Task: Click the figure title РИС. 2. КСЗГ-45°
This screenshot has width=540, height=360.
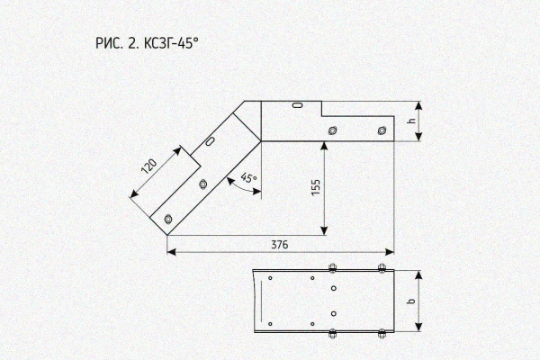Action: pyautogui.click(x=147, y=43)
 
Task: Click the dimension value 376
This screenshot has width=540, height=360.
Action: pyautogui.click(x=279, y=245)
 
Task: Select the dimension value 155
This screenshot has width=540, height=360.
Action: pyautogui.click(x=316, y=187)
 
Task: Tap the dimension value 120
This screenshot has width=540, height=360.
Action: pyautogui.click(x=149, y=166)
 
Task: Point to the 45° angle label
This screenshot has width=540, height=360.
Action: pyautogui.click(x=249, y=177)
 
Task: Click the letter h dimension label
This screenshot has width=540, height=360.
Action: pyautogui.click(x=411, y=121)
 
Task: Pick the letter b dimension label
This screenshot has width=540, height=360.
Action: pyautogui.click(x=410, y=301)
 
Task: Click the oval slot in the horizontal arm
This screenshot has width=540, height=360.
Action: pyautogui.click(x=298, y=104)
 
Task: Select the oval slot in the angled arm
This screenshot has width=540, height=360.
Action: pyautogui.click(x=210, y=140)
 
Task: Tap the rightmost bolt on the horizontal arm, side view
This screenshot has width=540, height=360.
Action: pyautogui.click(x=382, y=130)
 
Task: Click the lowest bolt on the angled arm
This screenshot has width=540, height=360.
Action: pyautogui.click(x=168, y=219)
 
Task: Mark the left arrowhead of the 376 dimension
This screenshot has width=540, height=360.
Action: pyautogui.click(x=172, y=252)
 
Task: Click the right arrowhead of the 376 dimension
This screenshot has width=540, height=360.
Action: pyautogui.click(x=390, y=252)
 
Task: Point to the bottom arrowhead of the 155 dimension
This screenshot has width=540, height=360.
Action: pyautogui.click(x=324, y=230)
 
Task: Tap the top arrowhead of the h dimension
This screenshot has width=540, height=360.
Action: pyautogui.click(x=418, y=106)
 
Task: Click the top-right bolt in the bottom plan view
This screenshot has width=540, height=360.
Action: pyautogui.click(x=382, y=268)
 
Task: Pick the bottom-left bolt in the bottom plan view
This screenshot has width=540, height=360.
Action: pyautogui.click(x=332, y=334)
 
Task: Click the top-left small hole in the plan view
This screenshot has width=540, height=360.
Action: pyautogui.click(x=270, y=278)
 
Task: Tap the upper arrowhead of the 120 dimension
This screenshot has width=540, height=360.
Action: pyautogui.click(x=177, y=151)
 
